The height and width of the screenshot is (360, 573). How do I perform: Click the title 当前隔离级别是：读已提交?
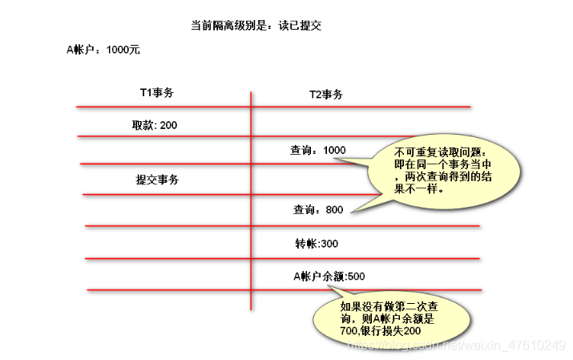pos(256,26)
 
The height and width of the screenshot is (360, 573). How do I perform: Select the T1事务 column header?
pos(157,93)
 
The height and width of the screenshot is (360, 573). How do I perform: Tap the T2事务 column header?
pos(326,95)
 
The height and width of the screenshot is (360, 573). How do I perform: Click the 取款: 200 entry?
pos(155,125)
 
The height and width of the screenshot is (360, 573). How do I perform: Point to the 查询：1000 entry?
pos(318,150)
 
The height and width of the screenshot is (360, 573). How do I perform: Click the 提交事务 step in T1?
pos(157,180)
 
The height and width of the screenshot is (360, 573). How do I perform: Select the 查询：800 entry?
pos(318,210)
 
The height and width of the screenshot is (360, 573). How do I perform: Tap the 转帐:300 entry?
pos(317,243)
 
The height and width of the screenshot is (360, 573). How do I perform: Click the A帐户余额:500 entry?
pos(329,277)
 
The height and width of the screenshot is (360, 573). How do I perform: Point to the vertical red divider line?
pos(252,200)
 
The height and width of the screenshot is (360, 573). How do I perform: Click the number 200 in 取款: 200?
pos(168,125)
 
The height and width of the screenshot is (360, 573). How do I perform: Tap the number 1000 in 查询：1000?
pos(334,150)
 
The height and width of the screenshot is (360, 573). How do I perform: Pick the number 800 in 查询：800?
pos(333,210)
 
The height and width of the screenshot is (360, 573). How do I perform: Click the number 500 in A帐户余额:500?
pos(356,277)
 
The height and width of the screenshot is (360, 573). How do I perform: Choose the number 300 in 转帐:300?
pos(329,243)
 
